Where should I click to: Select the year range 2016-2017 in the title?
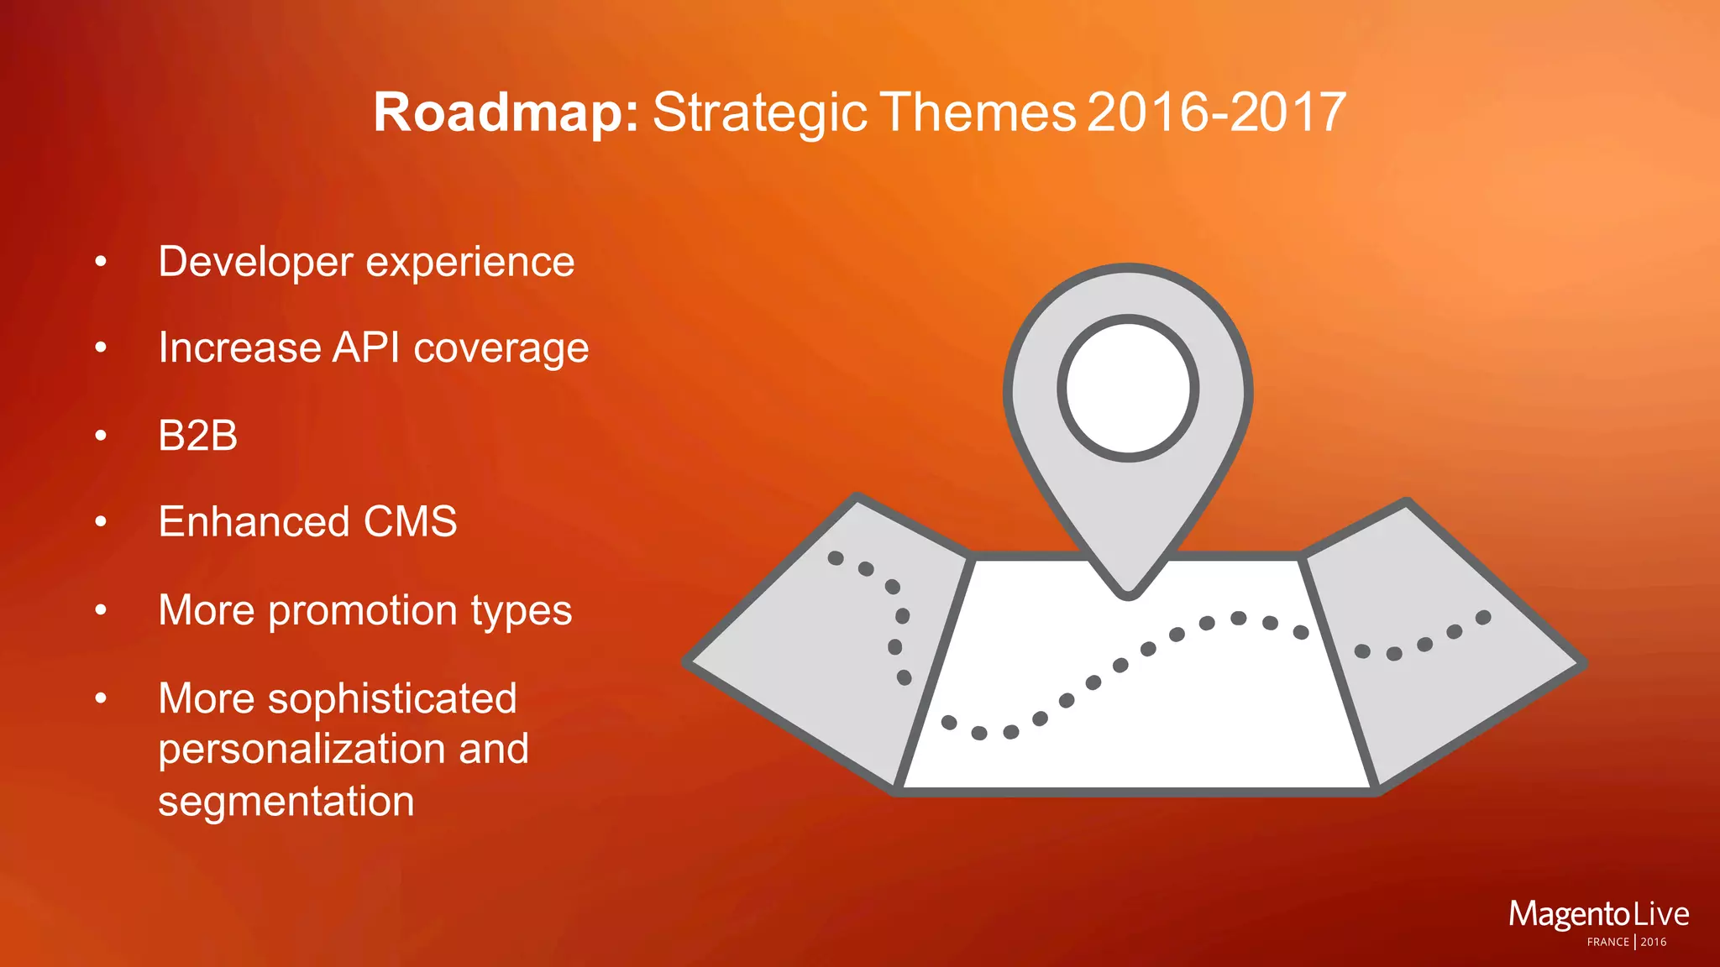pyautogui.click(x=1216, y=112)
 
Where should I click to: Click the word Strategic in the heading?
pyautogui.click(x=759, y=112)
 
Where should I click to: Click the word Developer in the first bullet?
pyautogui.click(x=255, y=262)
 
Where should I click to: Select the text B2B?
pyautogui.click(x=198, y=436)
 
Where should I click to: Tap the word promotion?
pyautogui.click(x=363, y=610)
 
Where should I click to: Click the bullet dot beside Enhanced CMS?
pyautogui.click(x=101, y=522)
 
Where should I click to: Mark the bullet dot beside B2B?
pyautogui.click(x=101, y=436)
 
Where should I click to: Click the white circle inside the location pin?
pyautogui.click(x=1128, y=388)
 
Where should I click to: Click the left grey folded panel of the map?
pyautogui.click(x=806, y=655)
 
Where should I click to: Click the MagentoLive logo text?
pyautogui.click(x=1598, y=914)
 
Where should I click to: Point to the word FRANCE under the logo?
pyautogui.click(x=1607, y=942)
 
